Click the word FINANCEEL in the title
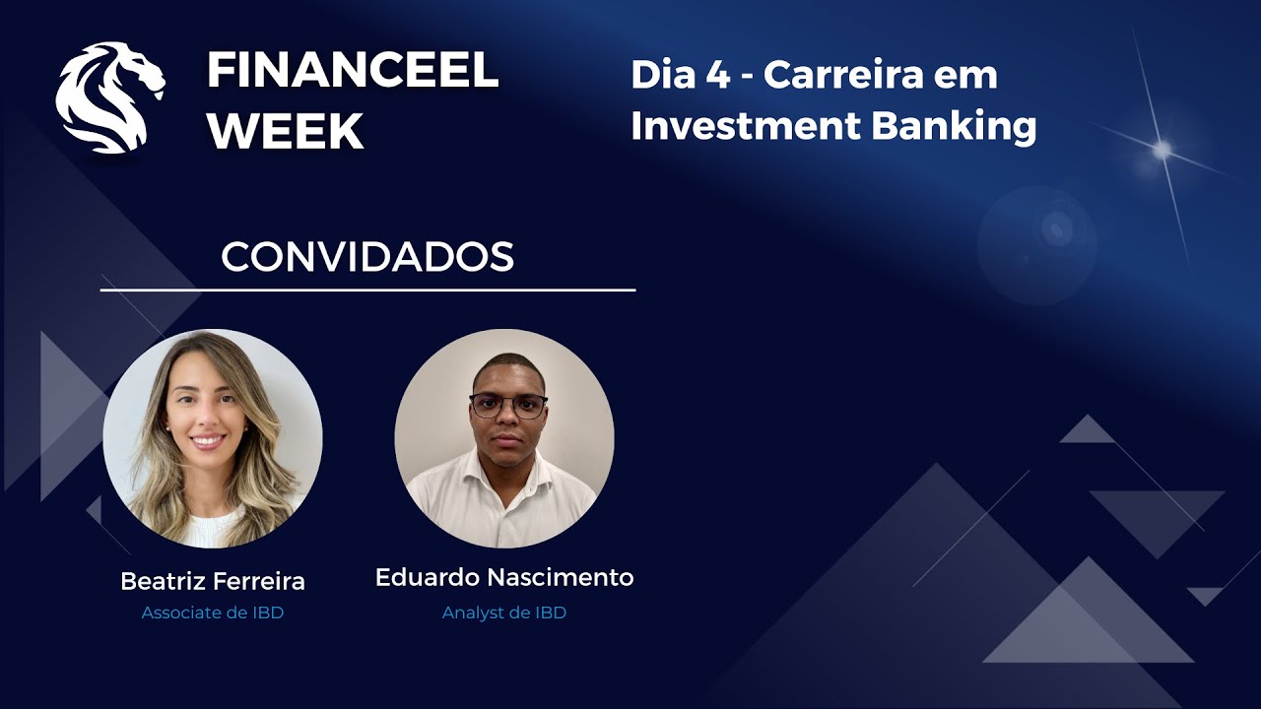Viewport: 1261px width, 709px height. tap(352, 71)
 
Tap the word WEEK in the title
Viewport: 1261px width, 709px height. tap(286, 132)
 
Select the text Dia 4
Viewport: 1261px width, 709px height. tap(680, 75)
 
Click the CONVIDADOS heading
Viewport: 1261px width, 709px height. tap(367, 257)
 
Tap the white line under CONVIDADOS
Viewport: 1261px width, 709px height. tap(367, 290)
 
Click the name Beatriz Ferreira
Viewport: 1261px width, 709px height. tap(213, 581)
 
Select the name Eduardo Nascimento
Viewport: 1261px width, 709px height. tap(504, 577)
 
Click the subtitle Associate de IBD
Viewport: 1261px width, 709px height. tap(213, 612)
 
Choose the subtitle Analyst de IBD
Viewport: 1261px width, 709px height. tap(504, 612)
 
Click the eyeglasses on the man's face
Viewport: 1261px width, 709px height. tap(507, 405)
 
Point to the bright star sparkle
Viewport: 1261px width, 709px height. tap(1162, 150)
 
